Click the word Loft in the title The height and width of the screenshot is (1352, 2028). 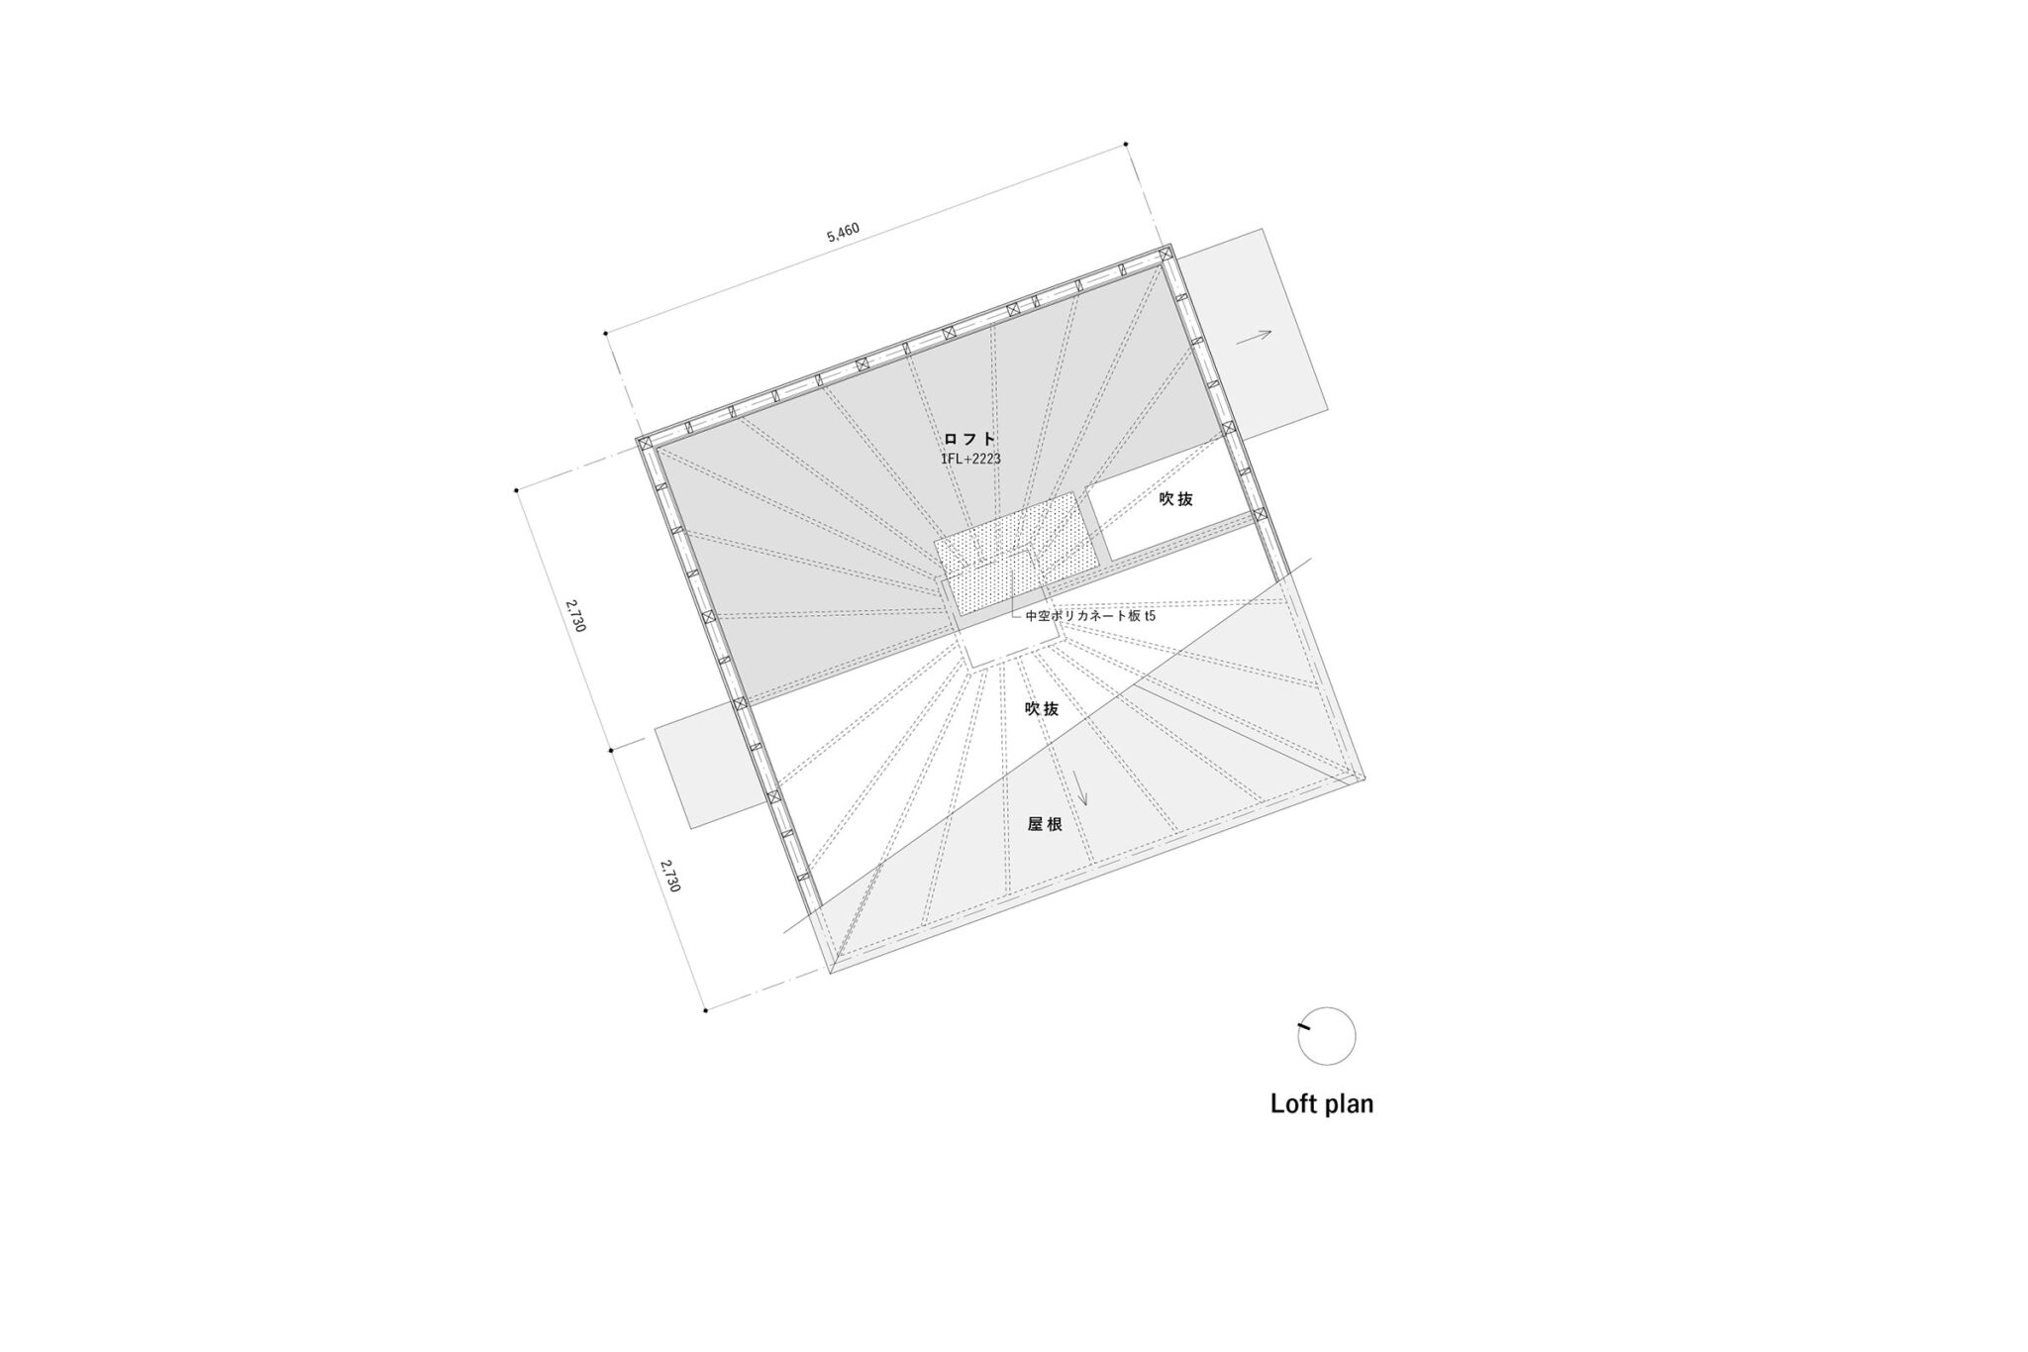pyautogui.click(x=1292, y=1103)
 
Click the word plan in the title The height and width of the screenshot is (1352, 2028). pyautogui.click(x=1348, y=1105)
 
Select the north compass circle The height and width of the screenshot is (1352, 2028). pyautogui.click(x=1327, y=1036)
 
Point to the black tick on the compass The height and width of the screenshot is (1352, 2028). pyautogui.click(x=1303, y=1027)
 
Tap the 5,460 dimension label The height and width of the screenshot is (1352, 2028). pyautogui.click(x=843, y=234)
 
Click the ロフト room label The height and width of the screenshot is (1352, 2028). pyautogui.click(x=968, y=439)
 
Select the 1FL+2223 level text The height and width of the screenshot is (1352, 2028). pyautogui.click(x=970, y=460)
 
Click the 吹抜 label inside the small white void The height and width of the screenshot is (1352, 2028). pyautogui.click(x=1176, y=499)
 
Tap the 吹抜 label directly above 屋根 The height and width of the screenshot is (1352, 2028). pyautogui.click(x=1042, y=709)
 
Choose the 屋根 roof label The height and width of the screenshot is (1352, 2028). pyautogui.click(x=1045, y=823)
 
